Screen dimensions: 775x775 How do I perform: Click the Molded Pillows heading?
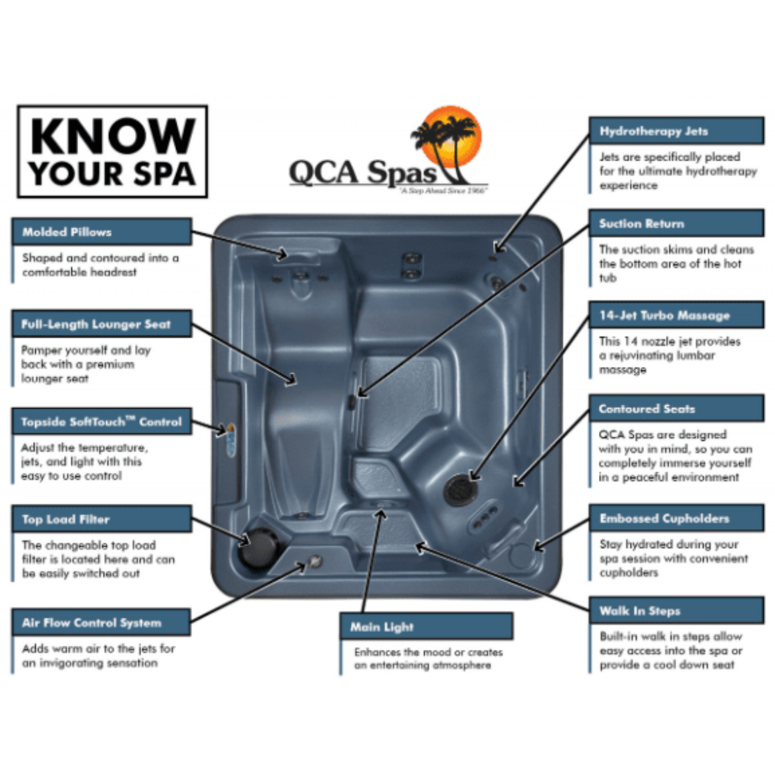(67, 232)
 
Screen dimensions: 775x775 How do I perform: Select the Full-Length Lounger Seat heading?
(96, 324)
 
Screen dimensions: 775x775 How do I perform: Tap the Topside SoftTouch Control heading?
(101, 422)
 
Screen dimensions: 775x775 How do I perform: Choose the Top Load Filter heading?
(66, 519)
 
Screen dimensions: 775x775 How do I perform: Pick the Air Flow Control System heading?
(92, 623)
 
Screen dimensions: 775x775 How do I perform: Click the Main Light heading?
(382, 627)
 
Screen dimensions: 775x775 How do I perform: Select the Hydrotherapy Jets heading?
(654, 131)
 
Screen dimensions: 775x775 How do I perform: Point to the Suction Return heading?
(642, 224)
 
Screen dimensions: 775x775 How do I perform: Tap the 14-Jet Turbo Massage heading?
(664, 316)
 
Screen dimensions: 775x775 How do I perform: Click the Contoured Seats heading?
(647, 409)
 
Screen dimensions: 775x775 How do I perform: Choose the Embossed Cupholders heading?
(664, 519)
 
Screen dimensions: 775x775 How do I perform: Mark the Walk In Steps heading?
(640, 611)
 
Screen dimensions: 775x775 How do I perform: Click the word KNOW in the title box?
(113, 136)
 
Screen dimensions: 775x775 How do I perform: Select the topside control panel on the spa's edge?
(230, 440)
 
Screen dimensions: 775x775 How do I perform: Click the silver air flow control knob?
(316, 562)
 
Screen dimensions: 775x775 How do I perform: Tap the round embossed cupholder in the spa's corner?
(520, 555)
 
